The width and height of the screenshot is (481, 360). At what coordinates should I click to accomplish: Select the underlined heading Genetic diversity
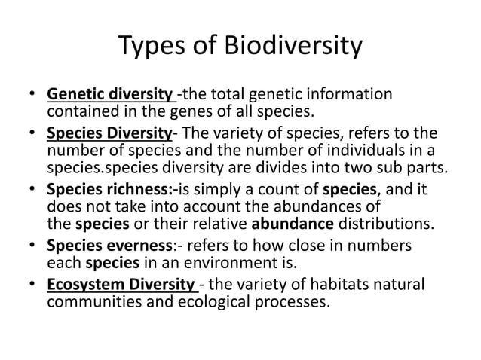click(109, 96)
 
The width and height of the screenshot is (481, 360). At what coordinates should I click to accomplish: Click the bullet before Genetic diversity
click(32, 96)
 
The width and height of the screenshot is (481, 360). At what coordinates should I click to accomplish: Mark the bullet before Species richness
click(32, 187)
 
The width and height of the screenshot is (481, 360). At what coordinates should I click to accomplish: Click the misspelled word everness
click(143, 246)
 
